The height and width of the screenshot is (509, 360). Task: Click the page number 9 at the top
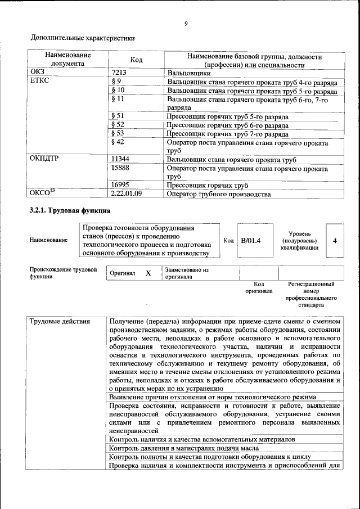185,24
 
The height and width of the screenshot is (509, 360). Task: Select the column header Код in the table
137,60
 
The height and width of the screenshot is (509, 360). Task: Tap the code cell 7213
119,73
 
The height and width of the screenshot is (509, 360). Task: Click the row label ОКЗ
37,73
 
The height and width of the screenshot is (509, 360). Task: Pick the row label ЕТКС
39,81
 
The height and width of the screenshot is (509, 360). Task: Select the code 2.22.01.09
127,194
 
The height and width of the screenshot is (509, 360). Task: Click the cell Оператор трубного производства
219,194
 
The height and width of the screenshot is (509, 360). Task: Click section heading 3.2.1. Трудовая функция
70,210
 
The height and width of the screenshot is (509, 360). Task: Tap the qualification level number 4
335,241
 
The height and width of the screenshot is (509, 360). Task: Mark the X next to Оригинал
148,273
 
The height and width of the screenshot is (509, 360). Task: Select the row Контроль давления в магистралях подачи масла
184,448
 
